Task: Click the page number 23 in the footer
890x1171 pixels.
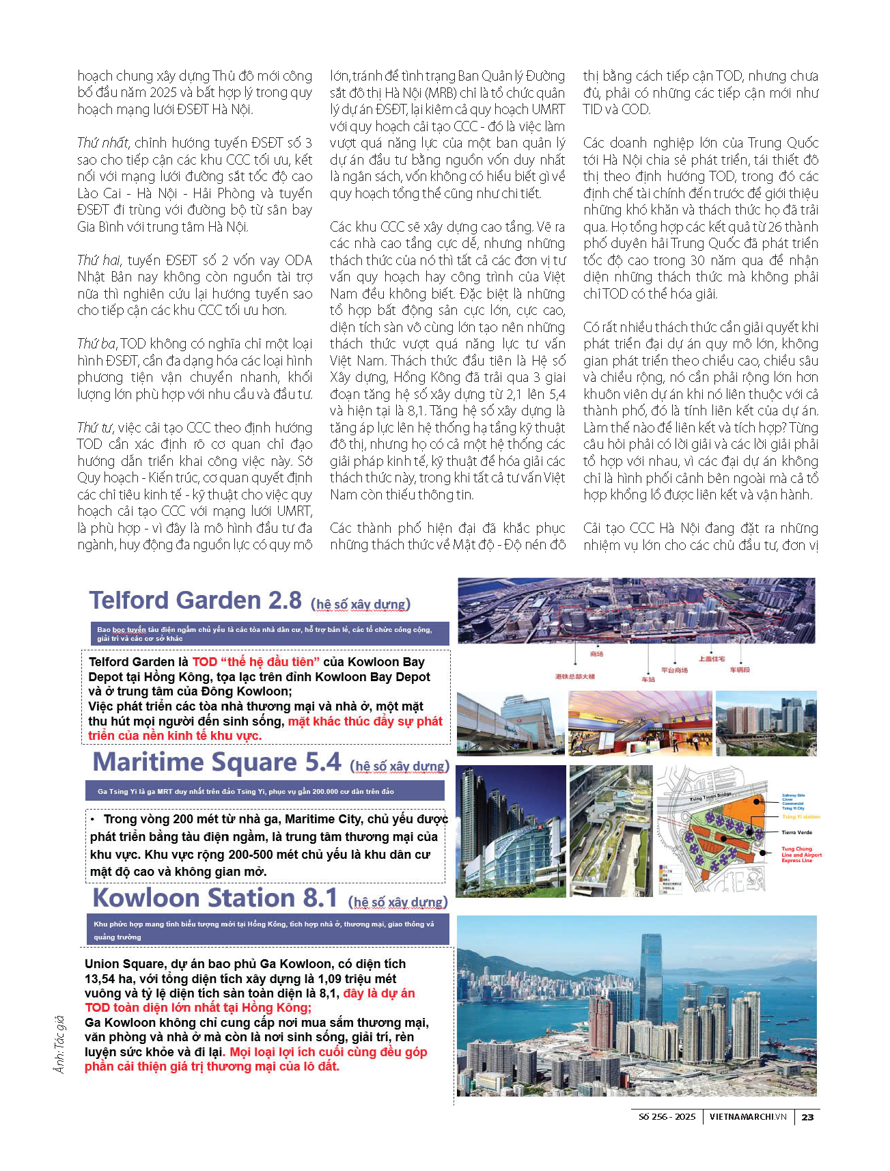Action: pyautogui.click(x=807, y=1117)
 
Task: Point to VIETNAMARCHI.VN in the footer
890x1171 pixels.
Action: pyautogui.click(x=748, y=1117)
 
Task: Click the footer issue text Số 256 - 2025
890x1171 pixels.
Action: pyautogui.click(x=667, y=1117)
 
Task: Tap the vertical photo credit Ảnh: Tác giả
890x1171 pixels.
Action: pyautogui.click(x=60, y=1044)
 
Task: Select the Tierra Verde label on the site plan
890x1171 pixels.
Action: pyautogui.click(x=796, y=832)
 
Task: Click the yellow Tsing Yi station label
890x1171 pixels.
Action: pyautogui.click(x=801, y=816)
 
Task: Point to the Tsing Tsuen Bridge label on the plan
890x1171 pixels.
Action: pyautogui.click(x=710, y=797)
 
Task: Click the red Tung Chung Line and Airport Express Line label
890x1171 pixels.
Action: pyautogui.click(x=801, y=855)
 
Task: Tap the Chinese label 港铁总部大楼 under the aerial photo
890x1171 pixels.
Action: pyautogui.click(x=575, y=676)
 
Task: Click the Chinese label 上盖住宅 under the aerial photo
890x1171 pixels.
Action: pyautogui.click(x=711, y=659)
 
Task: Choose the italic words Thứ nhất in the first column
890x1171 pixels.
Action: pyautogui.click(x=102, y=143)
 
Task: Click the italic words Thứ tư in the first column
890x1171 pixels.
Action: pyautogui.click(x=95, y=428)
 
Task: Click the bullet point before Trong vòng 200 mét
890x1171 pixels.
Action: pyautogui.click(x=93, y=819)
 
